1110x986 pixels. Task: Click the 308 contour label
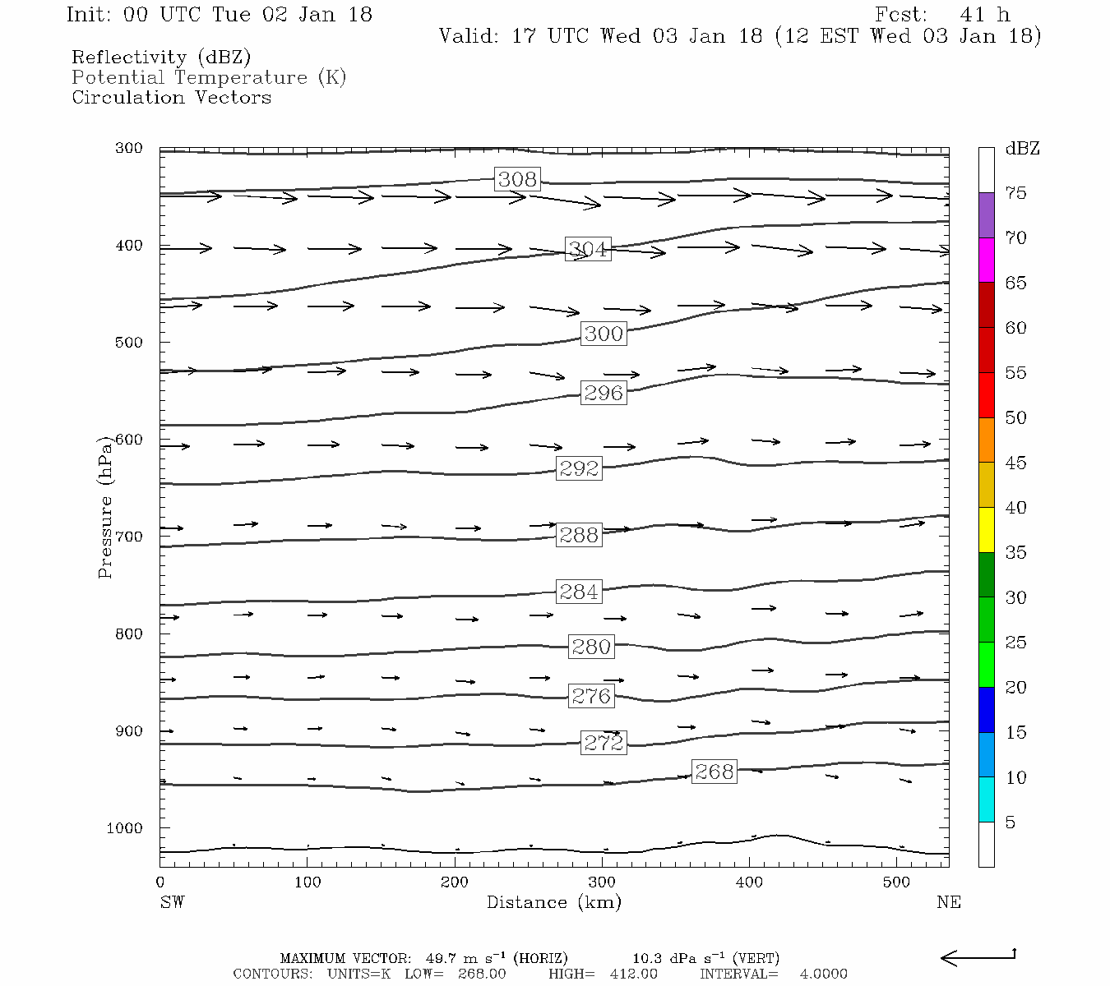tap(517, 179)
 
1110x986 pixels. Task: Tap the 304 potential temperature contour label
tap(588, 249)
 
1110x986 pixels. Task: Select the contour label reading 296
tap(604, 393)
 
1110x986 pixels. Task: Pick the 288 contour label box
tap(579, 535)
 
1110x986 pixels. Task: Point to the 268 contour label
tap(714, 772)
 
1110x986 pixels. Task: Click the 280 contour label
tap(591, 647)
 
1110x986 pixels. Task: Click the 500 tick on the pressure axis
tap(129, 343)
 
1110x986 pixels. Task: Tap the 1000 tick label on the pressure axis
tap(124, 828)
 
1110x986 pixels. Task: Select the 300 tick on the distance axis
tap(602, 882)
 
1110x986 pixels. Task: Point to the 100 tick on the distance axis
tap(308, 882)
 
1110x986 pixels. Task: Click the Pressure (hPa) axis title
tap(105, 507)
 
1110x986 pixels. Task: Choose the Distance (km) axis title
tap(553, 902)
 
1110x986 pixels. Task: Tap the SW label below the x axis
tap(172, 902)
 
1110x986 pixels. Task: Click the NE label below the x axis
tap(948, 902)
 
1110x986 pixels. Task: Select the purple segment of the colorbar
tap(986, 215)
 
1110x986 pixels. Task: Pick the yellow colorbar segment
tap(986, 530)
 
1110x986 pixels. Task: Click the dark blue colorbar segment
tap(986, 709)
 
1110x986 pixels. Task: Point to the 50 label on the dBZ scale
tap(1015, 418)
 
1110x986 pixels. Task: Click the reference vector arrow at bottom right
tap(978, 956)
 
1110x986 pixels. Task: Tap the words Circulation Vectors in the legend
tap(171, 98)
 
